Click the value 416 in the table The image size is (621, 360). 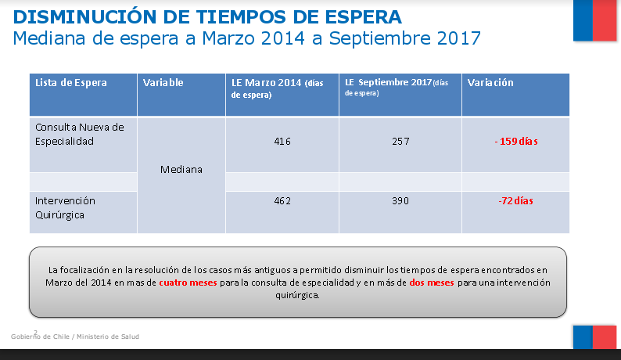pos(282,142)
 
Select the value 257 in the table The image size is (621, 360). pos(400,142)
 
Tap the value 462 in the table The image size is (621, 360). pos(282,201)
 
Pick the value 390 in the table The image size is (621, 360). pos(400,201)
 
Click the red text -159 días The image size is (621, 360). pos(515,142)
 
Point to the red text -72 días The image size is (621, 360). pos(515,201)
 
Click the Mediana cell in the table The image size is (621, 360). pos(181,169)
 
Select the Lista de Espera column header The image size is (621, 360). pos(71,82)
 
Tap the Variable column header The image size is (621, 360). pos(163,82)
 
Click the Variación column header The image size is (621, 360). pos(490,82)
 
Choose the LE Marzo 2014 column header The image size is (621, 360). pos(266,82)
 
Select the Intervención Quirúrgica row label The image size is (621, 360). pos(66,207)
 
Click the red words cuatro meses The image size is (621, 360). pos(188,283)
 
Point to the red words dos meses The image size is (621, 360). pos(432,283)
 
